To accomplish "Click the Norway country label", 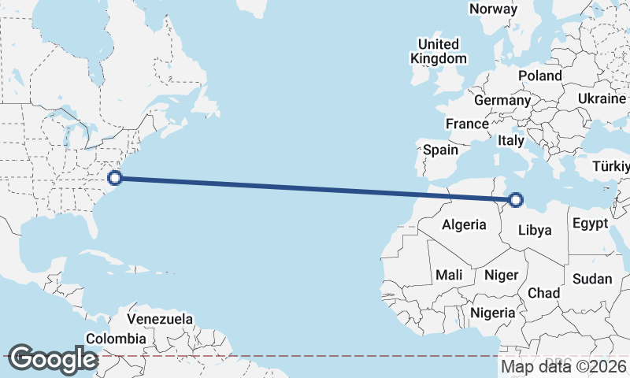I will pyautogui.click(x=493, y=9).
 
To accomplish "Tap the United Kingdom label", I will pyautogui.click(x=439, y=51).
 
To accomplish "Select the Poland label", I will pyautogui.click(x=539, y=76).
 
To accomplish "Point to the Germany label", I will pyautogui.click(x=502, y=101).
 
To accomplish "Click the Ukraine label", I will pyautogui.click(x=602, y=98).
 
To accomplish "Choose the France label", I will pyautogui.click(x=467, y=124).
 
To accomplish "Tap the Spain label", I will pyautogui.click(x=441, y=150).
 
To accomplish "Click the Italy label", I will pyautogui.click(x=511, y=141).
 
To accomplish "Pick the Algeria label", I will pyautogui.click(x=464, y=225).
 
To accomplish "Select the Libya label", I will pyautogui.click(x=535, y=231).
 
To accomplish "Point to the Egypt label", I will pyautogui.click(x=590, y=224).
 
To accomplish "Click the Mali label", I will pyautogui.click(x=449, y=275).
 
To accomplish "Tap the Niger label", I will pyautogui.click(x=501, y=275).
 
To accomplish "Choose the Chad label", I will pyautogui.click(x=543, y=293).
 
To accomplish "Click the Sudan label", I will pyautogui.click(x=592, y=279).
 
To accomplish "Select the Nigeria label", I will pyautogui.click(x=493, y=313).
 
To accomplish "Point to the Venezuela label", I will pyautogui.click(x=160, y=320).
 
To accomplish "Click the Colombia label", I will pyautogui.click(x=116, y=339).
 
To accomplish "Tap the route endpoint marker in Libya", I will pyautogui.click(x=516, y=200).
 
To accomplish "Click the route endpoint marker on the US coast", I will pyautogui.click(x=114, y=178).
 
